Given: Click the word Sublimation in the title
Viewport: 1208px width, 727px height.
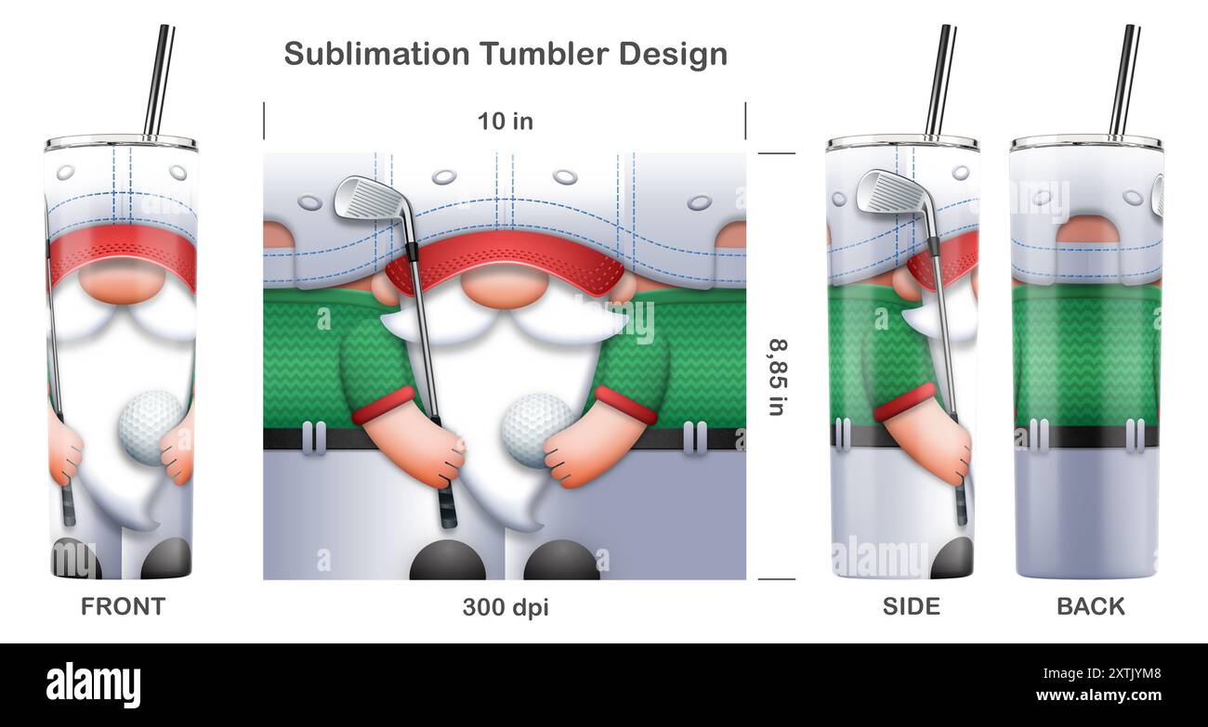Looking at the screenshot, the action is [x=377, y=54].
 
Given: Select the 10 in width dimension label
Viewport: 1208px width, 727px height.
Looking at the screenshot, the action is [x=506, y=122].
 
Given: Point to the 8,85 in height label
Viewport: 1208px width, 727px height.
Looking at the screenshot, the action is [x=777, y=377].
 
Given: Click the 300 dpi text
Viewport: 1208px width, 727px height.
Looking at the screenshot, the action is [x=506, y=607].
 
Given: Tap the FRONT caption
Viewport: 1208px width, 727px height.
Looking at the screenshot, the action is [x=123, y=606].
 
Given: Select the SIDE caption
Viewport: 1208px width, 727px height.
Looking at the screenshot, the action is [x=912, y=606].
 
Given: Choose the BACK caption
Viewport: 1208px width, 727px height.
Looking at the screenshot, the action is [x=1091, y=606].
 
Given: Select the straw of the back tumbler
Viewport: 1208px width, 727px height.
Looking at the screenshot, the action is [x=1125, y=81].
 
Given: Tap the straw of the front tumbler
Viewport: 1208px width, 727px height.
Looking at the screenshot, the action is [x=159, y=81].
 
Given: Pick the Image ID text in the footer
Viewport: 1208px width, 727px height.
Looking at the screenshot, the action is [x=1102, y=673].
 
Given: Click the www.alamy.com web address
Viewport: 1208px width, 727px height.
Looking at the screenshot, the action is [x=1098, y=695].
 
